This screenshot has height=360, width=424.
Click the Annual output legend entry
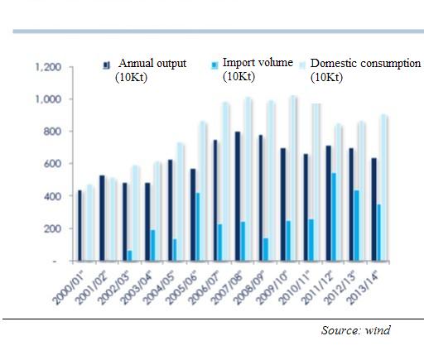[144, 70]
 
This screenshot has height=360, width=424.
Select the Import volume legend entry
[252, 70]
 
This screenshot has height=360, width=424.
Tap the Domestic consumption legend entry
[360, 70]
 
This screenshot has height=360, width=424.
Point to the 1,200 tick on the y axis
[48, 67]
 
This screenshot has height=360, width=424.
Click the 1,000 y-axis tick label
[48, 99]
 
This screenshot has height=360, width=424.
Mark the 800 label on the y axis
[52, 132]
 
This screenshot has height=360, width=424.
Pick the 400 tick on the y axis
[52, 196]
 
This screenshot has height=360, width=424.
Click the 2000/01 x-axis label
[70, 288]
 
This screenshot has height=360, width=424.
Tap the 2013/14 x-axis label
[363, 288]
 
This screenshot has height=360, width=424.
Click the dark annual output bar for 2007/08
[238, 196]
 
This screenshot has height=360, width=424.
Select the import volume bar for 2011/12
[334, 217]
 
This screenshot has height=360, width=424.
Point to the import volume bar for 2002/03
[130, 256]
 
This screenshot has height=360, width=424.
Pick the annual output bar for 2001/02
[102, 218]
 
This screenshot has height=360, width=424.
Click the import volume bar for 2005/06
[197, 227]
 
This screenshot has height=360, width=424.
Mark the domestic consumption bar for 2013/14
[384, 188]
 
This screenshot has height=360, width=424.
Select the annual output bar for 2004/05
[171, 210]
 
